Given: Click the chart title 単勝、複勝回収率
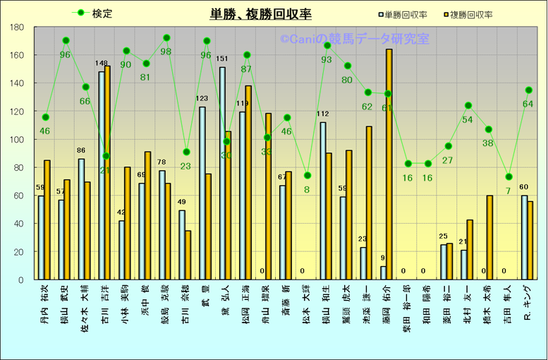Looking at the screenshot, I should coord(260,14).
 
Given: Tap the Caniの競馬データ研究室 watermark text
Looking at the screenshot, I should coord(354,40).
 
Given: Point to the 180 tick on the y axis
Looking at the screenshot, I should coord(17,27).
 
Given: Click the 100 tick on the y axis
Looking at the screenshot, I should coord(17,139).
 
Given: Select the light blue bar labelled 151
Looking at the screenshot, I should coord(222,173).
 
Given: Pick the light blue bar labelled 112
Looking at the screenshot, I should coord(323,200).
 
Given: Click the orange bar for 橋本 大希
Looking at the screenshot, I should coord(489,237).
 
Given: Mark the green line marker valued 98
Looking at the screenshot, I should coord(166,37).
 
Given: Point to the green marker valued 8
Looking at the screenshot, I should coord(308,175).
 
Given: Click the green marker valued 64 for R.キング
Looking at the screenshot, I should coord(528,90).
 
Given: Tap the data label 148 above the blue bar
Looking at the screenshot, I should coord(101,64).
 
